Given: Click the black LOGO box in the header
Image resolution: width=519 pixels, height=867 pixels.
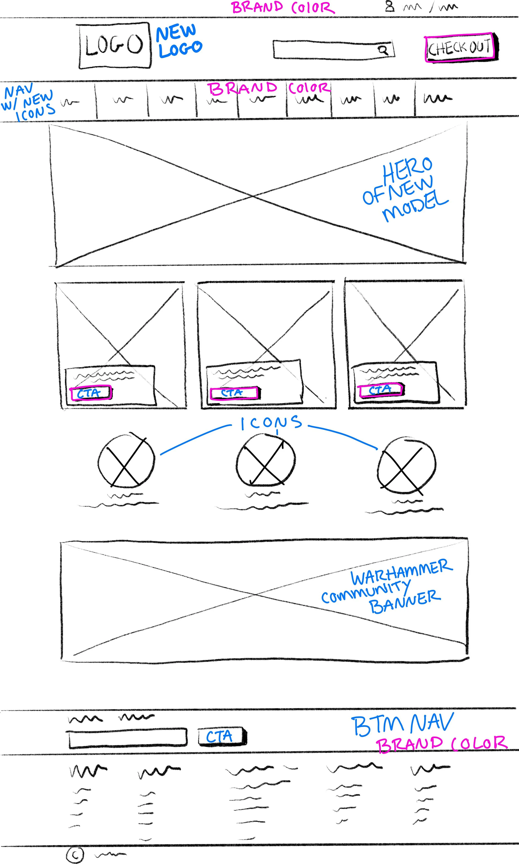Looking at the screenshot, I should pyautogui.click(x=115, y=45).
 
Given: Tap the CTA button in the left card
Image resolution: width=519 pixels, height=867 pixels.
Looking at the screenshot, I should pyautogui.click(x=91, y=393).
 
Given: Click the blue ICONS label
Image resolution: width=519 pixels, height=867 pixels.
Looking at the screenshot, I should pyautogui.click(x=271, y=423).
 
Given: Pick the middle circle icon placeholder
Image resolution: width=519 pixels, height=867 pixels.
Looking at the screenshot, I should pyautogui.click(x=266, y=459).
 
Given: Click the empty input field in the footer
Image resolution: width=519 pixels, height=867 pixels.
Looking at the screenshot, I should pyautogui.click(x=128, y=738).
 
